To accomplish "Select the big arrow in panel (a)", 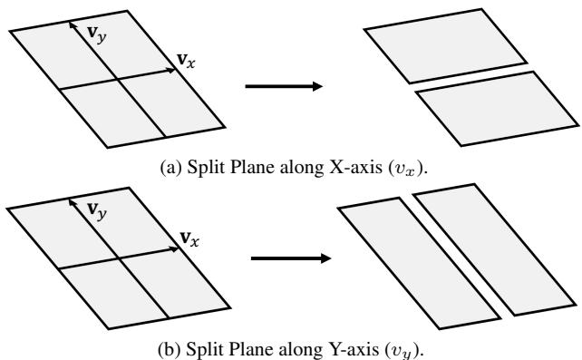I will point(284,86).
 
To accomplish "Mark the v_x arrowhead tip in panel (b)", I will point(177,248).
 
